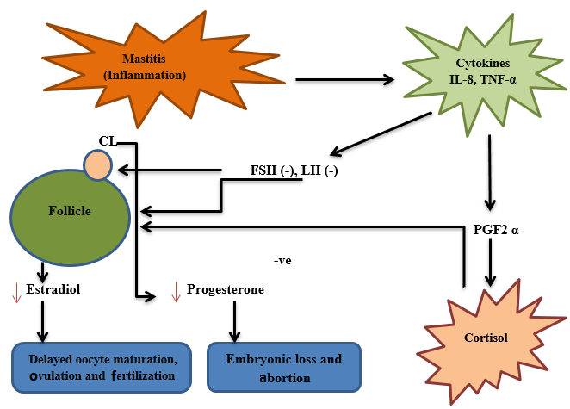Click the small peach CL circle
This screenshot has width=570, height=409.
point(96,164)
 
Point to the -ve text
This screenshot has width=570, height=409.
point(282,259)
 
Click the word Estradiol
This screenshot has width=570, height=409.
point(53,290)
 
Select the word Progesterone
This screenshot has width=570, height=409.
point(225,290)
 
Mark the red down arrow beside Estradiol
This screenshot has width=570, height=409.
point(15,292)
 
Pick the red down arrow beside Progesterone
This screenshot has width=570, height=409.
point(176,292)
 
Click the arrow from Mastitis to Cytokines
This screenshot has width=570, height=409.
point(344,80)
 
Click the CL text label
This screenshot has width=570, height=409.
point(108,142)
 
